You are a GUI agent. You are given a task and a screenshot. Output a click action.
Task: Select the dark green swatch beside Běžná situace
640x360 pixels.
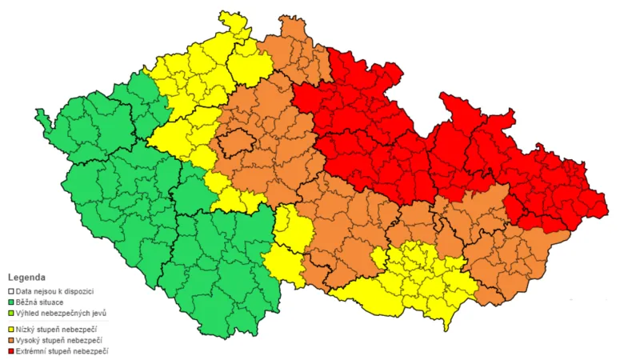point(11,302)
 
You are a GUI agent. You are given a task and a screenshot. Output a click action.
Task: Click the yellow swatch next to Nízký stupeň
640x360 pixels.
point(11,329)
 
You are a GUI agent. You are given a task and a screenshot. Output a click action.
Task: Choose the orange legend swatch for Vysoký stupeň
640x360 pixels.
point(11,340)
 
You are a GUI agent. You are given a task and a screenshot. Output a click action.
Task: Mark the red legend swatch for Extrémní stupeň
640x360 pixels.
point(11,351)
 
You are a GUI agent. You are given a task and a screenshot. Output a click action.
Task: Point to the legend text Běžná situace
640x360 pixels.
point(40,302)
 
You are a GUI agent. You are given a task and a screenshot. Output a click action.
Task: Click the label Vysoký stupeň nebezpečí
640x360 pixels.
point(60,340)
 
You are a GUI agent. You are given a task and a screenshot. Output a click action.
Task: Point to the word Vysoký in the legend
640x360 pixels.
point(30,340)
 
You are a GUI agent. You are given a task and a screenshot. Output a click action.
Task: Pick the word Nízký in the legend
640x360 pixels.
point(27,329)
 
